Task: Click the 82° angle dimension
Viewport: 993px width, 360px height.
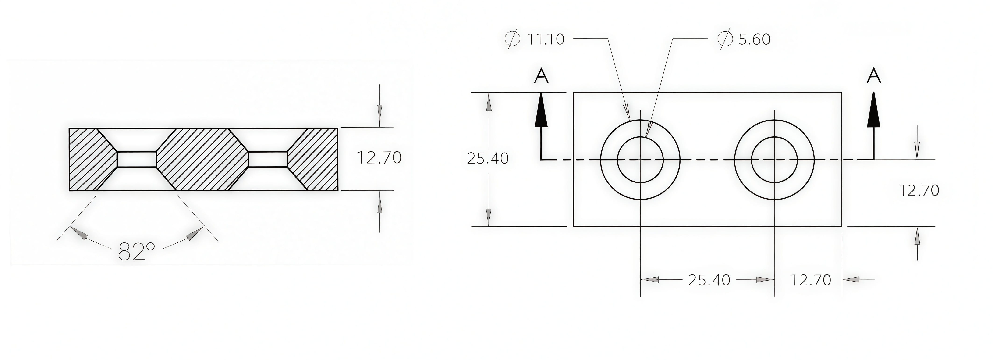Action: pyautogui.click(x=136, y=252)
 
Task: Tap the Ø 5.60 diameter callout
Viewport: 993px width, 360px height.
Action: pyautogui.click(x=744, y=39)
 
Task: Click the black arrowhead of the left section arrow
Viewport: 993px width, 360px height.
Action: pyautogui.click(x=541, y=112)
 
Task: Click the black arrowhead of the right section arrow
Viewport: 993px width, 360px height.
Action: pyautogui.click(x=873, y=112)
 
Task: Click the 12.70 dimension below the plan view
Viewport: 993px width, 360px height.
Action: pyautogui.click(x=811, y=280)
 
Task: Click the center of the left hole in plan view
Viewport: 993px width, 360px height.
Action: pyautogui.click(x=640, y=160)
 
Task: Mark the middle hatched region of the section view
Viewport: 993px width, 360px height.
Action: pyautogui.click(x=202, y=159)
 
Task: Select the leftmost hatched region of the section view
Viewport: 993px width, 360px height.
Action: pyautogui.click(x=91, y=159)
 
